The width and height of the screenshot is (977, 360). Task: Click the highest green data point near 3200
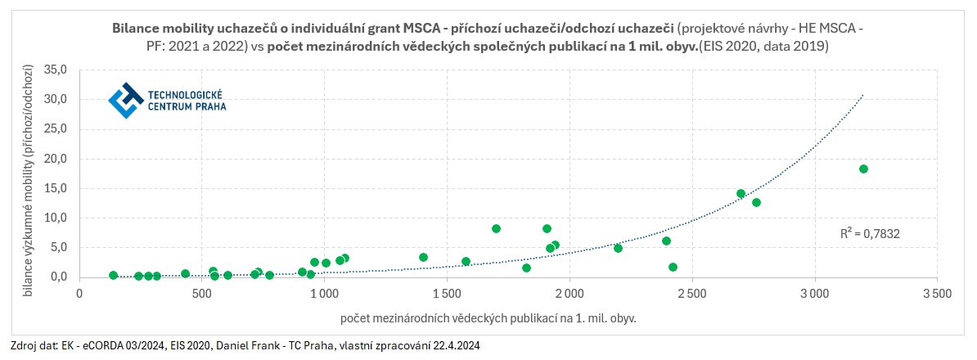[x=863, y=169]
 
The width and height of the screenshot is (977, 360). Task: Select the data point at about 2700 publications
[x=741, y=194]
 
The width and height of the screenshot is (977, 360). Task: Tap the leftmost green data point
[x=113, y=275]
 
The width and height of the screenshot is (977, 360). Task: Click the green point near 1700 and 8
[x=496, y=228]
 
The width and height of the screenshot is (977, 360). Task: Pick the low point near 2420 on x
[x=673, y=267]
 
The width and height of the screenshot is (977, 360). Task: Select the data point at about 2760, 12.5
[x=756, y=202]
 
